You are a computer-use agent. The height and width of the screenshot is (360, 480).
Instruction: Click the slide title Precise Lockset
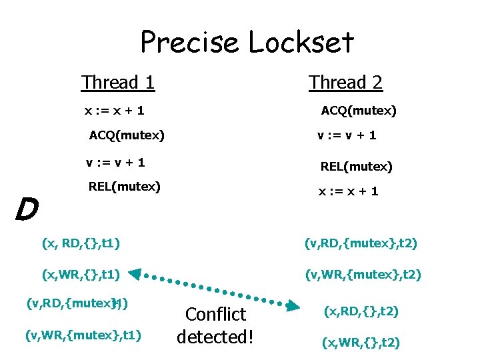[247, 43]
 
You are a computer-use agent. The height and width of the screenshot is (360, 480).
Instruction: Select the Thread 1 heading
[118, 83]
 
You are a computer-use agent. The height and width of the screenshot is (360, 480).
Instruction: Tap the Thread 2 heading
[345, 83]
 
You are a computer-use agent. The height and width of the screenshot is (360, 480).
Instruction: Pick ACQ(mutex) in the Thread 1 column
[127, 136]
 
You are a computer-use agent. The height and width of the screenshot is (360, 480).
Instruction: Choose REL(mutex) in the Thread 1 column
[125, 187]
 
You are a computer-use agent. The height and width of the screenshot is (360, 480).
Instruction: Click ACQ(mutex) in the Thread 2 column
[359, 111]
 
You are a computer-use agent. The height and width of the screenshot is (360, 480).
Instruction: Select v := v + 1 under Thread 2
[347, 135]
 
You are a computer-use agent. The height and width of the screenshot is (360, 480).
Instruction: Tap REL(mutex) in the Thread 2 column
[357, 166]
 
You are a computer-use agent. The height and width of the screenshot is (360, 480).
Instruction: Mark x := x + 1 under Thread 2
[348, 191]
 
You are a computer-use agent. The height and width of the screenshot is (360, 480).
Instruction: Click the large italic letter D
[26, 210]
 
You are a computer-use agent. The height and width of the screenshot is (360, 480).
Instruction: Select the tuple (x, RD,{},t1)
[81, 243]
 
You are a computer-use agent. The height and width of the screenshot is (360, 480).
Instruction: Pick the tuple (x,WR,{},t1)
[81, 273]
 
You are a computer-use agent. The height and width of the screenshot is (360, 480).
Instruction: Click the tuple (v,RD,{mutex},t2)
[361, 243]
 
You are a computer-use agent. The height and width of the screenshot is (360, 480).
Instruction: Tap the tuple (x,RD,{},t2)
[361, 311]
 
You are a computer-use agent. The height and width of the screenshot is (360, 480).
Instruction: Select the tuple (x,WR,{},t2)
[361, 343]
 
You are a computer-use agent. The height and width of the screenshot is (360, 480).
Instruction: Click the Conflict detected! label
[215, 325]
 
